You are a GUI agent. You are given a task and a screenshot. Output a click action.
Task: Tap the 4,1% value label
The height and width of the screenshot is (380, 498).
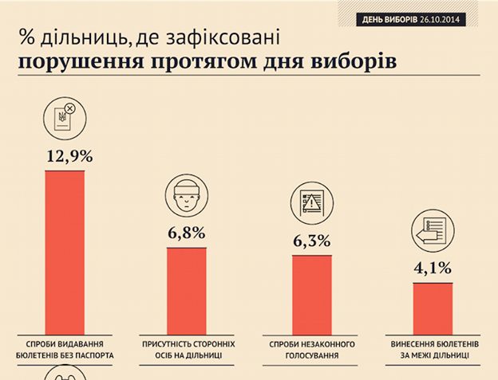tap(433, 268)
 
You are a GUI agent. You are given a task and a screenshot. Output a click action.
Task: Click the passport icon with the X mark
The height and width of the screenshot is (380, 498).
tap(63, 118)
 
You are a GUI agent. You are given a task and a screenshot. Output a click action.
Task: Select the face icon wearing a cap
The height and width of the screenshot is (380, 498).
tap(186, 197)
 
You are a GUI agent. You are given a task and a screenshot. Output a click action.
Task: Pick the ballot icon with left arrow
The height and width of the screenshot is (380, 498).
tap(432, 230)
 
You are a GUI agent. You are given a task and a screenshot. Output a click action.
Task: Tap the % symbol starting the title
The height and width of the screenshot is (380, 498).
tap(26, 37)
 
